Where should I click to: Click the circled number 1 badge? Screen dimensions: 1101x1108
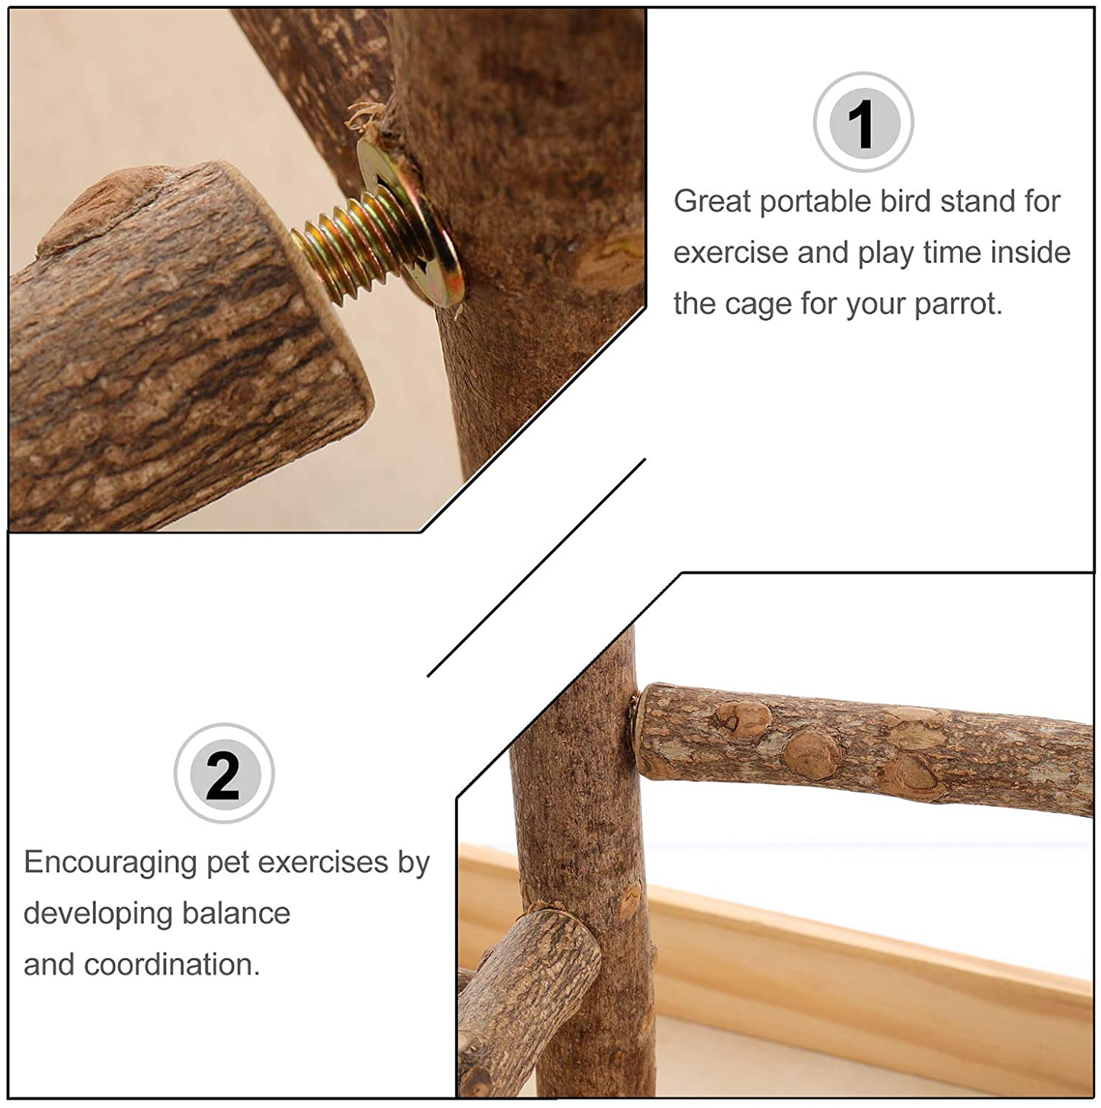click(x=863, y=122)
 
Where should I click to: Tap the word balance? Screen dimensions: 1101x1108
click(x=236, y=913)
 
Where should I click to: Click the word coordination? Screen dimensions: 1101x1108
click(x=172, y=964)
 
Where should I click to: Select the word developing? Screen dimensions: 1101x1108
click(x=98, y=914)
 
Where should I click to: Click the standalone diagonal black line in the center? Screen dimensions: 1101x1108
click(x=536, y=568)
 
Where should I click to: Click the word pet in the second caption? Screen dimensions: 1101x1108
click(x=226, y=864)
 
